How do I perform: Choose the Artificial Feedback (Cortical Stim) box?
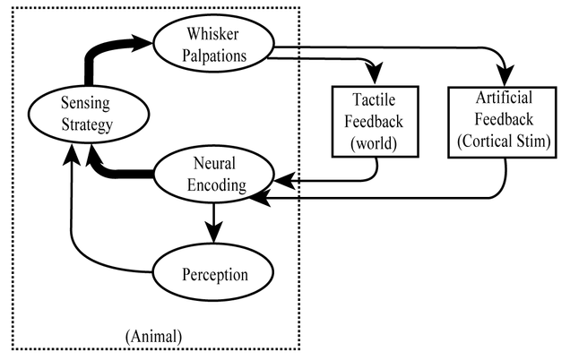coord(503,121)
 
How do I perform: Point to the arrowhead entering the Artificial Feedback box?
coord(507,76)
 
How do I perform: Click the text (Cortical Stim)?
coord(503,141)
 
